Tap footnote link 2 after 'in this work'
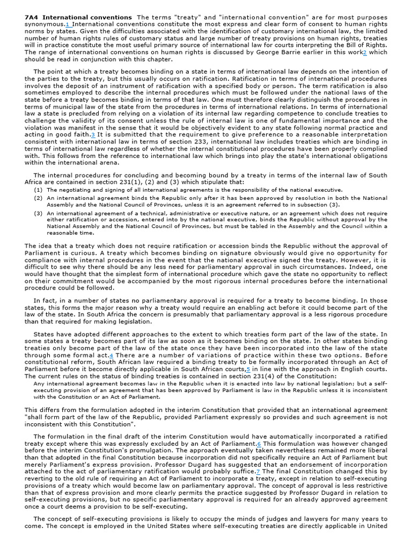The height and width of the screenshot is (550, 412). click(365, 53)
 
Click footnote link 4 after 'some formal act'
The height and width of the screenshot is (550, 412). click(111, 356)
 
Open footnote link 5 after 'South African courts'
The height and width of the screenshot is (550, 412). click(248, 370)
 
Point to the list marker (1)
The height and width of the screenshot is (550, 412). click(38, 190)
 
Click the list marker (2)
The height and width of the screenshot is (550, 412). click(38, 198)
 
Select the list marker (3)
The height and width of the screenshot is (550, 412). click(38, 213)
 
